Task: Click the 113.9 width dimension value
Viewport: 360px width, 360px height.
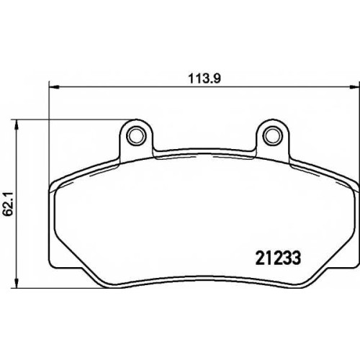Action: [x=204, y=78]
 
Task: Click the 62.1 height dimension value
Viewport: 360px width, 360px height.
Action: [x=9, y=204]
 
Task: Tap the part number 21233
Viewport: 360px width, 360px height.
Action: [x=279, y=258]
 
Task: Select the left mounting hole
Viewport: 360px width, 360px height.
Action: [x=136, y=135]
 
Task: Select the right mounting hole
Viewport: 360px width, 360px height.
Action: [x=272, y=135]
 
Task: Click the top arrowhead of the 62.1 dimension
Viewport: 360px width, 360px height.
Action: [x=17, y=125]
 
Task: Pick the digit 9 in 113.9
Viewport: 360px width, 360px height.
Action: [x=217, y=78]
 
